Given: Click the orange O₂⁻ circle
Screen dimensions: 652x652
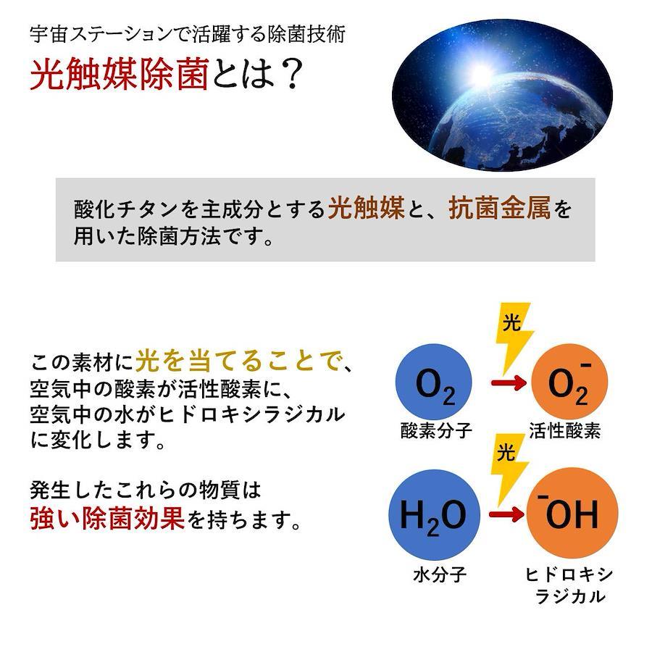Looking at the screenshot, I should [569, 382].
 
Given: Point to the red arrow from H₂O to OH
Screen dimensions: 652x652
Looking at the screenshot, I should [506, 514].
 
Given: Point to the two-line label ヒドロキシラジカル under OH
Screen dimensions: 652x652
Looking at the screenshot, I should [569, 585].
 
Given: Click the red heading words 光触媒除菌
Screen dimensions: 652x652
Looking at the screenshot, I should [119, 74].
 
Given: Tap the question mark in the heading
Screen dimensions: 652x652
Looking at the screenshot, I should [288, 75].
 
